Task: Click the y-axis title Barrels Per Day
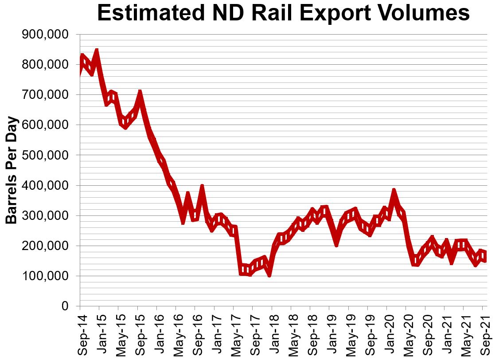(12, 170)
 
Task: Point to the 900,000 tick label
(45, 35)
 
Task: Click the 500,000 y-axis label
(45, 155)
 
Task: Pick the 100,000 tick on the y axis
(45, 276)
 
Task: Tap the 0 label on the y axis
(65, 306)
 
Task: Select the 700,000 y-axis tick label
(45, 95)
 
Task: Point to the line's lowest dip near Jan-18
(269, 274)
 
